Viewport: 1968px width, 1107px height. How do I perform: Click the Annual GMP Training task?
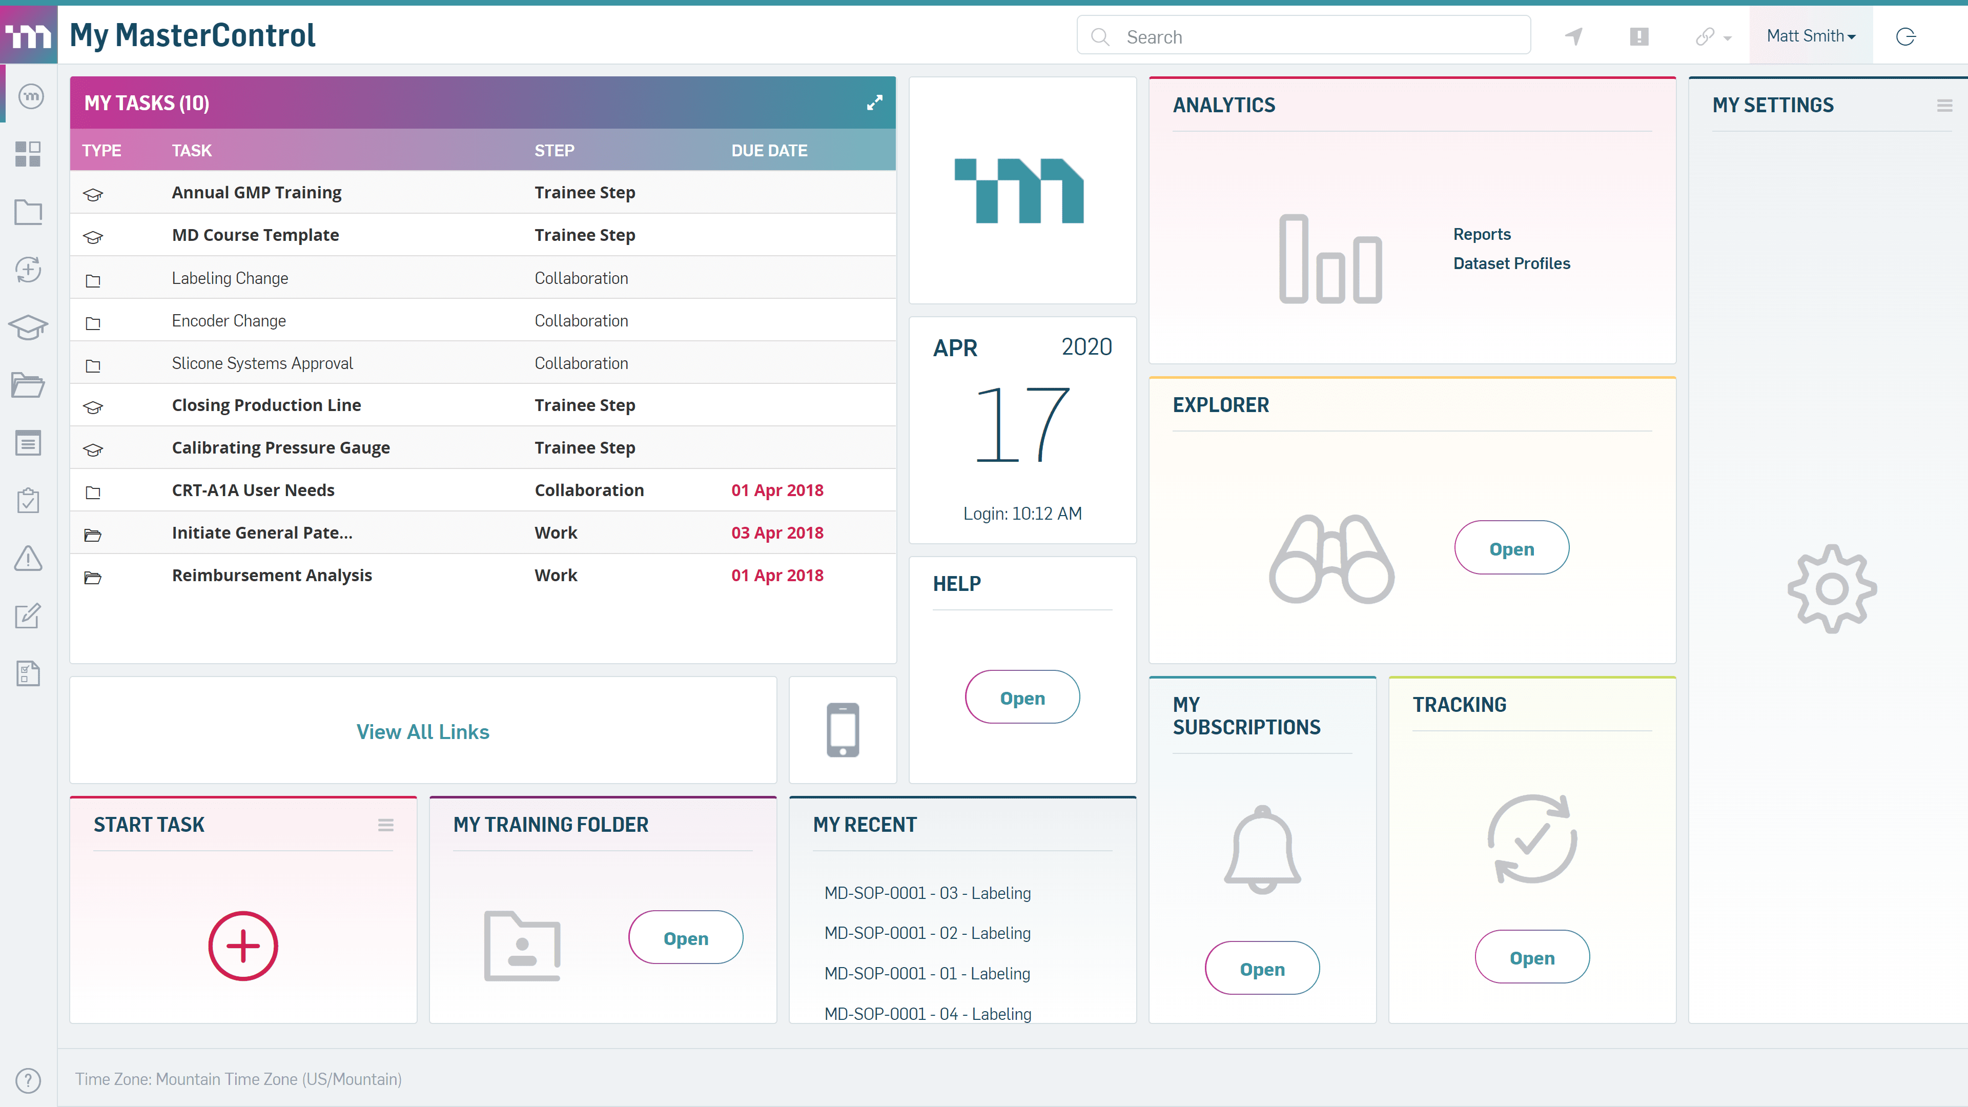coord(257,193)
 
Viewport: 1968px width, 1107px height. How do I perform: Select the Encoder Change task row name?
coord(229,321)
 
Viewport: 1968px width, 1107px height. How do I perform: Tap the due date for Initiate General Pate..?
coord(777,532)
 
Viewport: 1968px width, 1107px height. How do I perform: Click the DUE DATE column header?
coord(769,151)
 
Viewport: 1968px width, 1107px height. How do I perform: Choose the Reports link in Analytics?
coord(1481,234)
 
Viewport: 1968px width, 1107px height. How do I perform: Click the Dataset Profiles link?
coord(1511,263)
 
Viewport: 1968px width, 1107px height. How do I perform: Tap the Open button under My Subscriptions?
coord(1262,968)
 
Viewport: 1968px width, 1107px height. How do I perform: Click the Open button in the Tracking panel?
coord(1532,957)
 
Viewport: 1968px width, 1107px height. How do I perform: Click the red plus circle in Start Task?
coord(243,946)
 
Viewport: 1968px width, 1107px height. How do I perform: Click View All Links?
coord(422,731)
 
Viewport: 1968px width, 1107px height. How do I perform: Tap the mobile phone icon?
coord(843,730)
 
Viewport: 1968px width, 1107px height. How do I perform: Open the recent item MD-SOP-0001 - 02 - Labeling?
coord(927,933)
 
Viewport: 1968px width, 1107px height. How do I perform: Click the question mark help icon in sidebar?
coord(28,1079)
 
